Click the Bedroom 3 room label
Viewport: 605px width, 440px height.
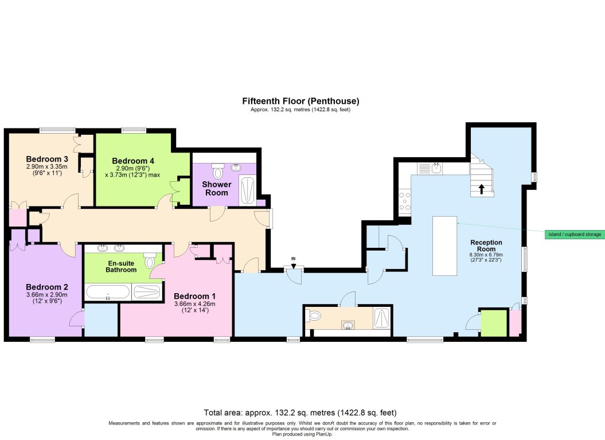48,159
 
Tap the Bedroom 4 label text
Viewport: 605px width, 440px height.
133,161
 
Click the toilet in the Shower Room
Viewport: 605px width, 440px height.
217,172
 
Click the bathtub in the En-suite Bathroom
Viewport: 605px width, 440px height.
108,293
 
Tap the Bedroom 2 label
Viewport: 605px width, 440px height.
47,287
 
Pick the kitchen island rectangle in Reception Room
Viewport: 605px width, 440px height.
444,246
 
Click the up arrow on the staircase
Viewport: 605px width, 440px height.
482,189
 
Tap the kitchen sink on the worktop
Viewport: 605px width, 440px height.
436,168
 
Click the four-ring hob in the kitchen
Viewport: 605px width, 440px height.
404,202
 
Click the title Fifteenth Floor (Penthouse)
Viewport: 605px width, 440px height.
301,101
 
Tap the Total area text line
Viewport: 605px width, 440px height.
301,412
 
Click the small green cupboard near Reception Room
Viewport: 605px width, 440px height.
493,324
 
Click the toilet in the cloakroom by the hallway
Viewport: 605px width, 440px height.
313,316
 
